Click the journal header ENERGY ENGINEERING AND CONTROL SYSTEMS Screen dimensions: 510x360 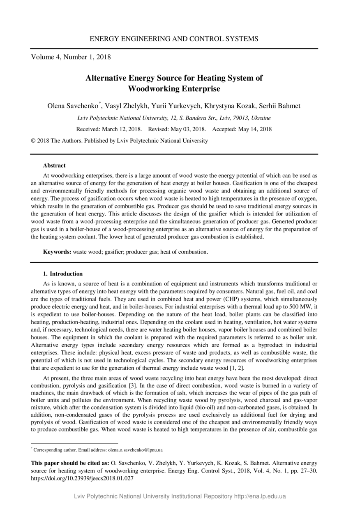click(174, 39)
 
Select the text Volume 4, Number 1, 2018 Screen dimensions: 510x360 click(71, 57)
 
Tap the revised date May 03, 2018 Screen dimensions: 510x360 click(186, 129)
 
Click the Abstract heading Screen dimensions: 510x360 click(54, 166)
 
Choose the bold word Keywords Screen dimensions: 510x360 click(57, 252)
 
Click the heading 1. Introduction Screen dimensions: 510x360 click(63, 274)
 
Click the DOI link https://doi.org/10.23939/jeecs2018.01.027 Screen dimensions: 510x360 click(83, 479)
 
